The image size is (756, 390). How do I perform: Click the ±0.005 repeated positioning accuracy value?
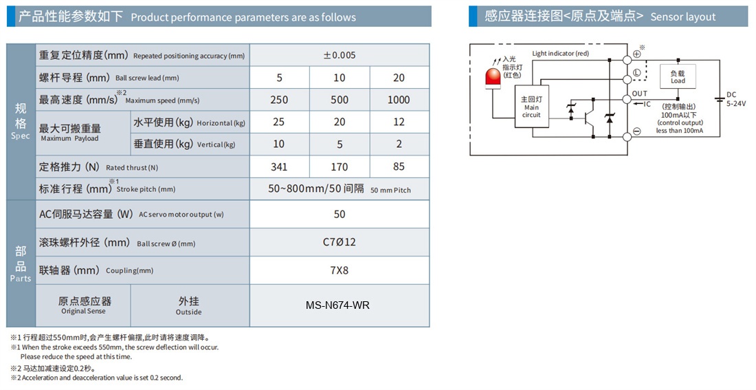[x=340, y=55]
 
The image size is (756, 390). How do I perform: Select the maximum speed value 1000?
[x=399, y=100]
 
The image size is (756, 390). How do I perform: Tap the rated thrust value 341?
[x=279, y=167]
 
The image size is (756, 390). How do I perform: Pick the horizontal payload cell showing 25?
[x=278, y=122]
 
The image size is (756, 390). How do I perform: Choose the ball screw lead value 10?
[x=340, y=78]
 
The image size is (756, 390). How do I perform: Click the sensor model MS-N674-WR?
[x=338, y=305]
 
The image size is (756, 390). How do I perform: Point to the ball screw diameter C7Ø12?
[x=340, y=242]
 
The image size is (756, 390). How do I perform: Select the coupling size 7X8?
[x=340, y=271]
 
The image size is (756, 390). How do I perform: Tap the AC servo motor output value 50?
[x=340, y=215]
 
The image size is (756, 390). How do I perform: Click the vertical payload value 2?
[x=399, y=144]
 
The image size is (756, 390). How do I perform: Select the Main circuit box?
[x=532, y=107]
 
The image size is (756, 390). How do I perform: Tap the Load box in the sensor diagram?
[x=678, y=77]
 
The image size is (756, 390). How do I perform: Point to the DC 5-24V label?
[x=736, y=99]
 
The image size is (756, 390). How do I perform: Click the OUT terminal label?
[x=640, y=94]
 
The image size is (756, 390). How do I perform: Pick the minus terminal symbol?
[x=637, y=131]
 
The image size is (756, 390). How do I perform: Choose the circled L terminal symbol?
[x=637, y=73]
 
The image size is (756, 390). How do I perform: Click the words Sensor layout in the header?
[x=683, y=17]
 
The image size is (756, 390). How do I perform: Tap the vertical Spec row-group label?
[x=21, y=122]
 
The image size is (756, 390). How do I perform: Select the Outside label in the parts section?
[x=188, y=312]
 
